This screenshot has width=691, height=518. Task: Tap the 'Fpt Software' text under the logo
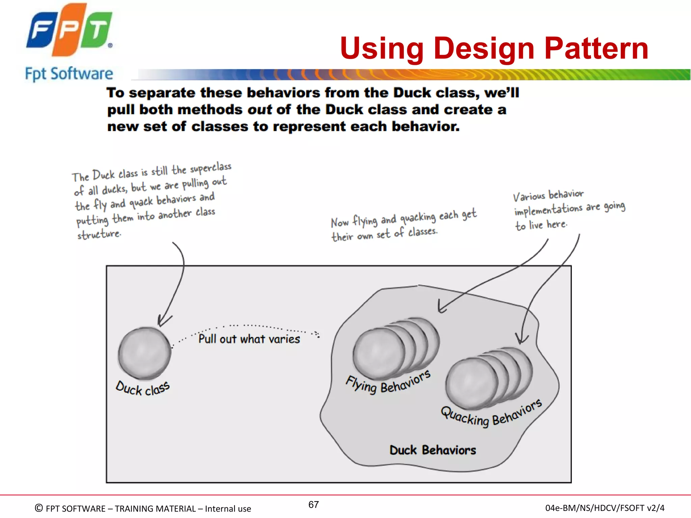tap(69, 74)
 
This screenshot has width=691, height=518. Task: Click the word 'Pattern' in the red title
tap(596, 49)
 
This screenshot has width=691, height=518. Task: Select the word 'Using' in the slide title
tap(382, 49)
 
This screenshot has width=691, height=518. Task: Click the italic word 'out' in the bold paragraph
tap(259, 110)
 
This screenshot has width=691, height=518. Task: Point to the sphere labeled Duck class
tap(144, 353)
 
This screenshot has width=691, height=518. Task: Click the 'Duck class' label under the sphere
tap(142, 389)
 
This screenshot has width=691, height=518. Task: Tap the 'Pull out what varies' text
tap(249, 339)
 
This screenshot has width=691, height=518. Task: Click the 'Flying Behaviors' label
tap(388, 382)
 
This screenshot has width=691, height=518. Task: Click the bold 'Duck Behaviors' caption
tap(433, 450)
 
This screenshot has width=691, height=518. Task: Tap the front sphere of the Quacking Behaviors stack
tap(471, 384)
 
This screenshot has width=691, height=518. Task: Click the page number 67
tap(313, 505)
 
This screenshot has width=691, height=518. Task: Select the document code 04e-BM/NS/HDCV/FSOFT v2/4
tap(605, 508)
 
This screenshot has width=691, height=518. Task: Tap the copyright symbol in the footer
tap(39, 508)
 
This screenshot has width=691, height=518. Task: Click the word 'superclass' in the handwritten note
tap(211, 168)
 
